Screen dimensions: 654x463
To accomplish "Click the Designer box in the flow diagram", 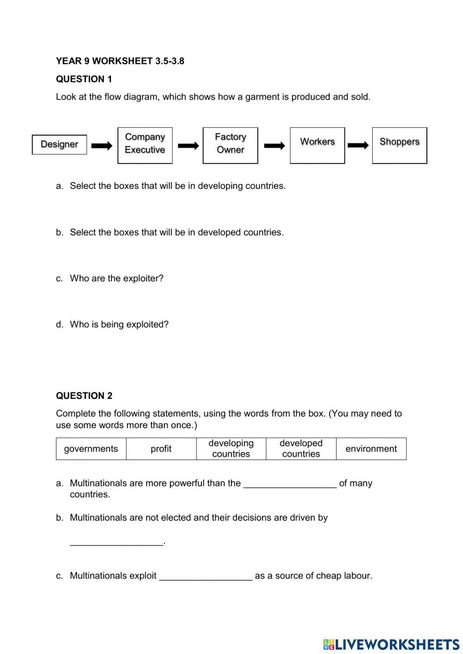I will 59,144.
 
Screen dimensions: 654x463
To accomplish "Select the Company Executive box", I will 145,145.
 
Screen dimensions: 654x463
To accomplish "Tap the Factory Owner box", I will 230,145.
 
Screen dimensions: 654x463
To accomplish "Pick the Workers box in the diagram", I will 317,145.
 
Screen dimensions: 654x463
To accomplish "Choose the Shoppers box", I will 399,145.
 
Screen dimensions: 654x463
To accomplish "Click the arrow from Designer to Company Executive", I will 102,146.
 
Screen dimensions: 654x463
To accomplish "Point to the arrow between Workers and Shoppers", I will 358,146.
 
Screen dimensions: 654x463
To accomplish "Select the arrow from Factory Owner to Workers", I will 275,146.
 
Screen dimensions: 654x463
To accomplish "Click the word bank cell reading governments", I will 91,448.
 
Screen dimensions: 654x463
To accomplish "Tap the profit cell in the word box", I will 161,448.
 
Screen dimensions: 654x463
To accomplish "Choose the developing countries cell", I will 231,448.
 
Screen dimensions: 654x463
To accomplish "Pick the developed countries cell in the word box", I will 301,448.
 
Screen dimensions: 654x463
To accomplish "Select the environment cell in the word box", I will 371,448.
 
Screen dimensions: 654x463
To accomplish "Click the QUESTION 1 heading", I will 84,79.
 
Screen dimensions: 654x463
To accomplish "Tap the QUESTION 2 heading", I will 84,396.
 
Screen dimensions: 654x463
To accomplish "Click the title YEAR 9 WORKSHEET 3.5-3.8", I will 120,61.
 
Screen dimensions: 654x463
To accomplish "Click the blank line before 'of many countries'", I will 290,484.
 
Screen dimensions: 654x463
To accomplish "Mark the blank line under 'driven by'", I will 117,542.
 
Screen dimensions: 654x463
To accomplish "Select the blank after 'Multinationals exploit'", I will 206,576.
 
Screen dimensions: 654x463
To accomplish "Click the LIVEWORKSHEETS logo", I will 391,644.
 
